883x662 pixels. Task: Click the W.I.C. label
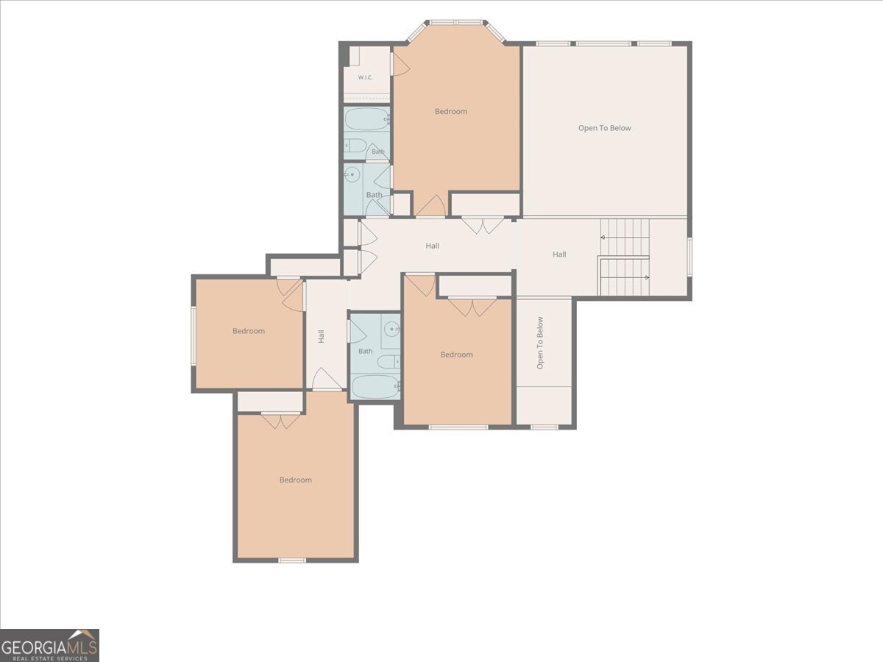click(365, 77)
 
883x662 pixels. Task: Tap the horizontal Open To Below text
click(604, 128)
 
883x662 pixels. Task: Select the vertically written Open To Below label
click(540, 343)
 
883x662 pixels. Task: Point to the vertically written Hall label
click(321, 336)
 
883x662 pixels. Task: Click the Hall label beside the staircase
click(559, 255)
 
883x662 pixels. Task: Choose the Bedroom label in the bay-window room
click(451, 111)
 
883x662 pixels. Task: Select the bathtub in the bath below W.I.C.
click(366, 119)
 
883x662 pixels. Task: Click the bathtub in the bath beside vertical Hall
click(375, 387)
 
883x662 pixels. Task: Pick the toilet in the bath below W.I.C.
click(355, 146)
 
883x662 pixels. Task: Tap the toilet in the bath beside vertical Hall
click(389, 362)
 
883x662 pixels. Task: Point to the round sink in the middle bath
click(352, 175)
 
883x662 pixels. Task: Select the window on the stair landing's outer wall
click(689, 257)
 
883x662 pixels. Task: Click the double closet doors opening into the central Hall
click(482, 226)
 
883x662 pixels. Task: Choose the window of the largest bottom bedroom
click(292, 560)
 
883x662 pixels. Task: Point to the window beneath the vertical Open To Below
click(545, 427)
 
